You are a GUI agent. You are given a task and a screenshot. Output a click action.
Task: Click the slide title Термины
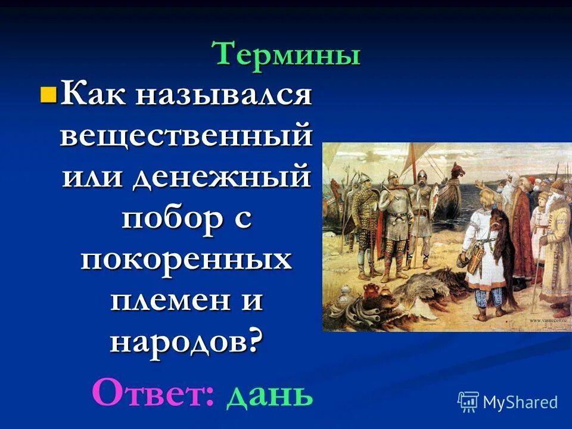coord(287,55)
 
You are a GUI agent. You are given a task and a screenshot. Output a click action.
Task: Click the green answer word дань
coord(269,394)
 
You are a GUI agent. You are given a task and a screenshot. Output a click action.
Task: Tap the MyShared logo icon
coord(468,402)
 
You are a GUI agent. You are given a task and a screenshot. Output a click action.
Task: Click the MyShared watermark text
coord(520,402)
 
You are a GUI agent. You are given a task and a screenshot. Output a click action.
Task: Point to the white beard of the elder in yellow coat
coord(554,206)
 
